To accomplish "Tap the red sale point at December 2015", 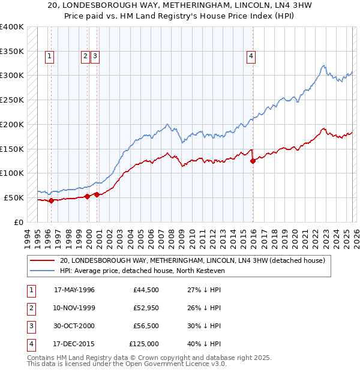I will (x=253, y=160).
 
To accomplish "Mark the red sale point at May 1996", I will (x=51, y=200).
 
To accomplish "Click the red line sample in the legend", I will (x=42, y=260).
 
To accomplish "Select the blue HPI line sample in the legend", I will (x=42, y=271).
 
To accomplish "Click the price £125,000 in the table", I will (x=144, y=344).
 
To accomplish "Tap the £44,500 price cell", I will (x=146, y=290).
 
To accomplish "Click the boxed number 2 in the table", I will (x=29, y=308).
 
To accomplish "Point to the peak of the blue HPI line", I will (x=323, y=65).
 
